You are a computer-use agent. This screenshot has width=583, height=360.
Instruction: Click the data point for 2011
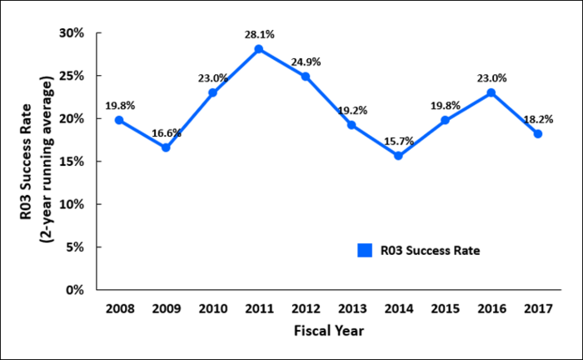coord(259,49)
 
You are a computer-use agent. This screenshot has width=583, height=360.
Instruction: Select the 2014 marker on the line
coord(398,156)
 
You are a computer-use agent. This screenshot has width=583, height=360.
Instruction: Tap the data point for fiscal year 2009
coord(166,147)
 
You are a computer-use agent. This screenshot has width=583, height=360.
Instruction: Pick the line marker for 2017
coord(538,134)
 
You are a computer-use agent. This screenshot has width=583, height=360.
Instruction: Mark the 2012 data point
coord(306,77)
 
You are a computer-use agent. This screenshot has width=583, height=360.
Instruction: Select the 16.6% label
coord(166,132)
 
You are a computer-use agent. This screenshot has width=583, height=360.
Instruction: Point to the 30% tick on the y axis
coord(73,33)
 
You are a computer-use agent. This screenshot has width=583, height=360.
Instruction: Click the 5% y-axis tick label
coord(77,247)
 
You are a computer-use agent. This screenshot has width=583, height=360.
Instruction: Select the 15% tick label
coord(73,162)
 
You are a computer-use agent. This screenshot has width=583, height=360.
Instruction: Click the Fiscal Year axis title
coord(328,330)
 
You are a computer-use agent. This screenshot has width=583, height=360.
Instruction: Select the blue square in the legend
coord(364,250)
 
